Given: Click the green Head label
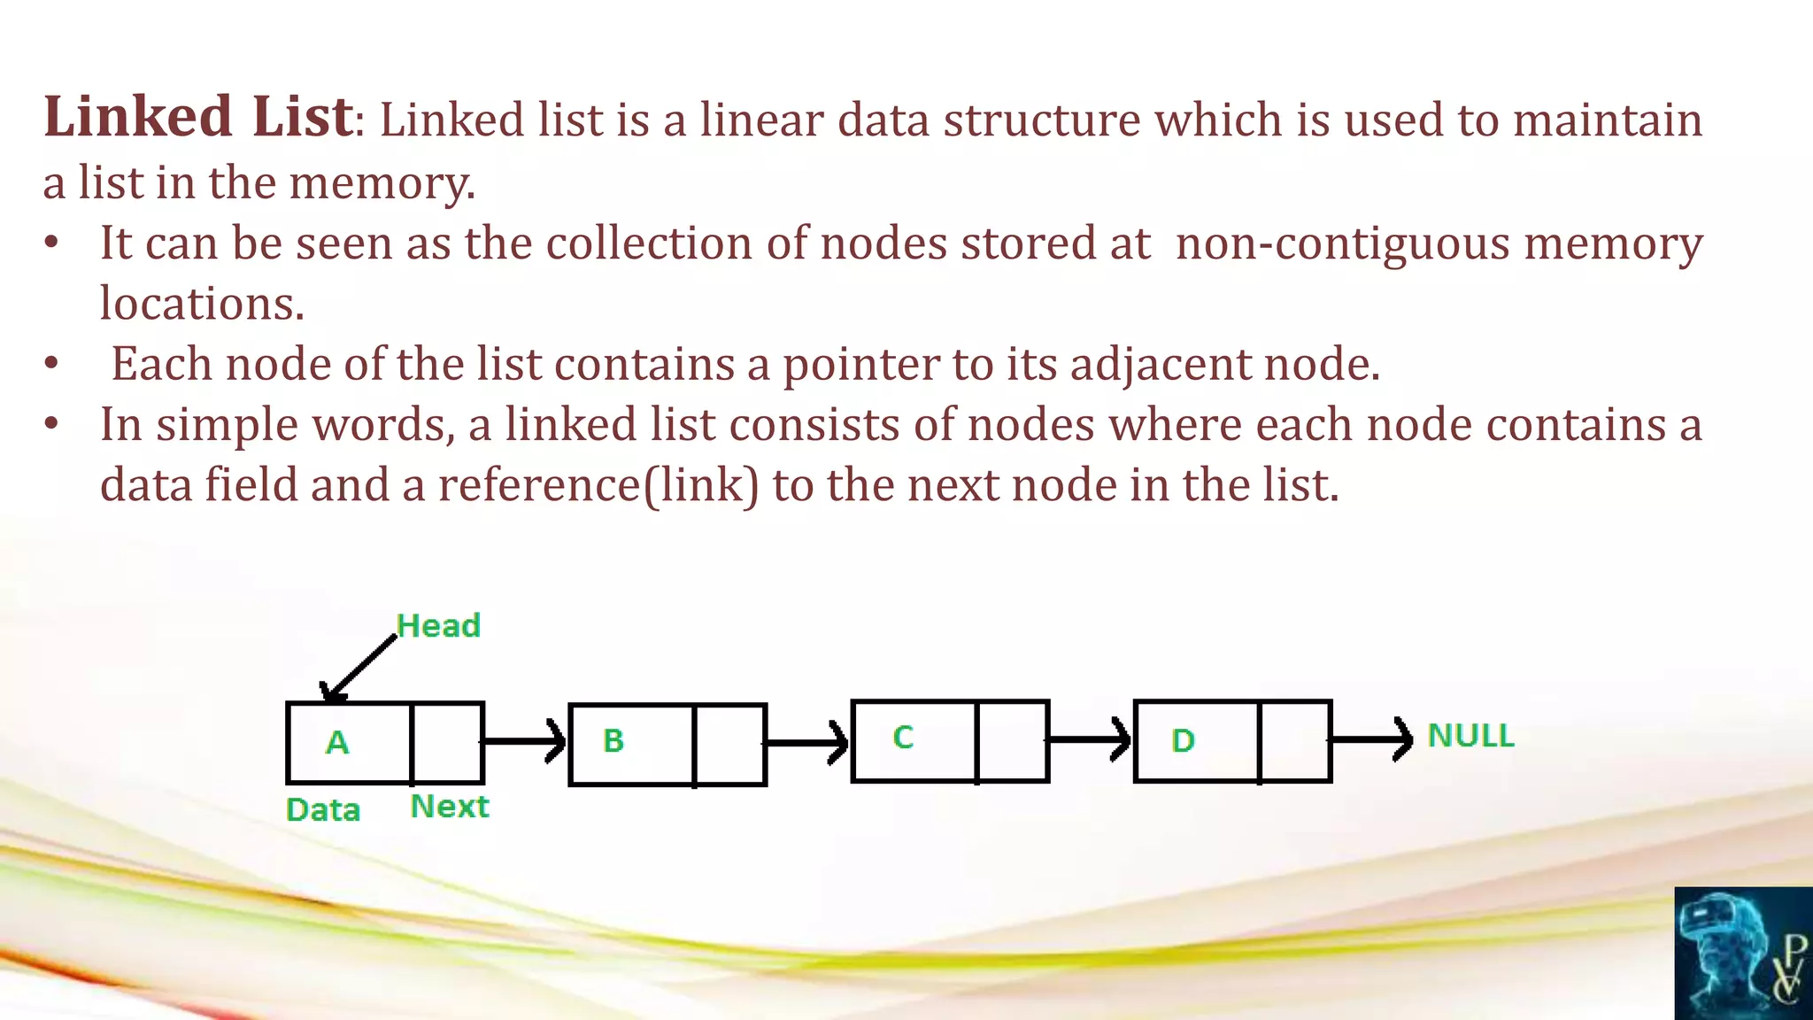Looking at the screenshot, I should click(x=438, y=626).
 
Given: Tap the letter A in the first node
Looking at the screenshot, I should click(x=337, y=742).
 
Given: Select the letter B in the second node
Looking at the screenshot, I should click(x=613, y=740).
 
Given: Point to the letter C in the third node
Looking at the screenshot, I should click(x=903, y=738).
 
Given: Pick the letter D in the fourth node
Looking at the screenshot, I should click(x=1183, y=740).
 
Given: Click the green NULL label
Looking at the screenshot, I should click(x=1470, y=736).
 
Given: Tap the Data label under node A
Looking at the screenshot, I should click(x=323, y=810).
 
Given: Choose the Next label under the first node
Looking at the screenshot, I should click(x=450, y=807).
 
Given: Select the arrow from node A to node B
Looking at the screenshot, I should click(x=524, y=740).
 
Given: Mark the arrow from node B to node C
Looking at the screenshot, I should click(x=807, y=742).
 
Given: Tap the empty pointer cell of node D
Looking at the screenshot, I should click(x=1294, y=741).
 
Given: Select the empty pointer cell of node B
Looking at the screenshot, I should click(x=730, y=744).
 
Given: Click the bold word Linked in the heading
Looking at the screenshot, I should click(x=138, y=117).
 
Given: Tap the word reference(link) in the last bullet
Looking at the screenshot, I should click(x=598, y=485).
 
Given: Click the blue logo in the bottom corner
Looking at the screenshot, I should click(x=1743, y=954).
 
